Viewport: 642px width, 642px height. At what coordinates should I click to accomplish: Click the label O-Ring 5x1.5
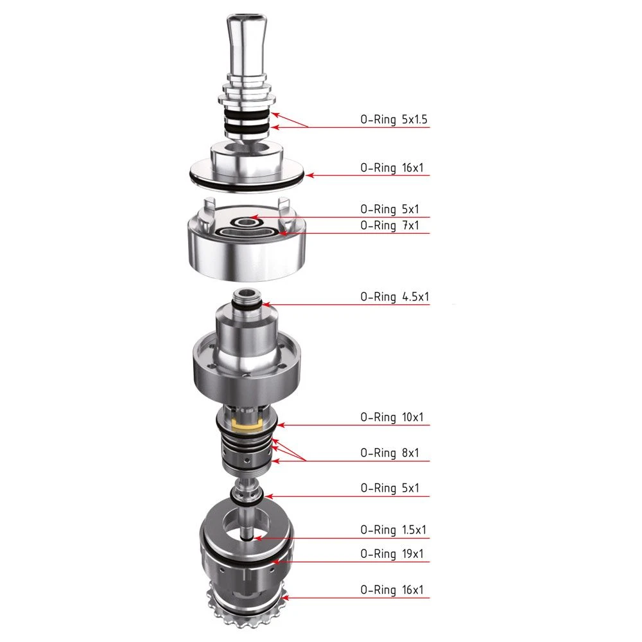(394, 119)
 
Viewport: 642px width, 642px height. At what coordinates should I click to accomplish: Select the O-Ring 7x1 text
(390, 225)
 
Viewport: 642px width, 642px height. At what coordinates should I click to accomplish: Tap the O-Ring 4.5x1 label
(395, 297)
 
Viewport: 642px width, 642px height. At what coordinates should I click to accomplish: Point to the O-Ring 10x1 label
(392, 417)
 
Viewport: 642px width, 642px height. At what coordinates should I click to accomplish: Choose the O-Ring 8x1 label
(390, 453)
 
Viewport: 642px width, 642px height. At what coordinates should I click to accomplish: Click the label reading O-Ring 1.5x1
(394, 530)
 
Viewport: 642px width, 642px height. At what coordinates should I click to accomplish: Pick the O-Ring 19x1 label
(392, 553)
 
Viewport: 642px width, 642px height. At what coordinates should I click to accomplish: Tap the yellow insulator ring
(247, 425)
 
